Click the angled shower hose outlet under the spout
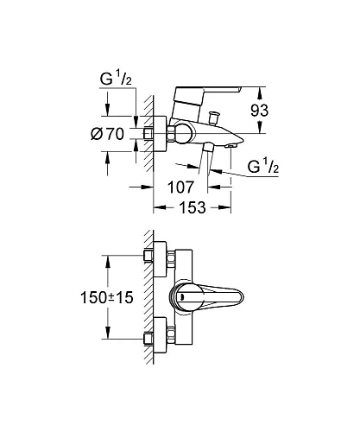[209, 156]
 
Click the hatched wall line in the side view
[147, 134]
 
